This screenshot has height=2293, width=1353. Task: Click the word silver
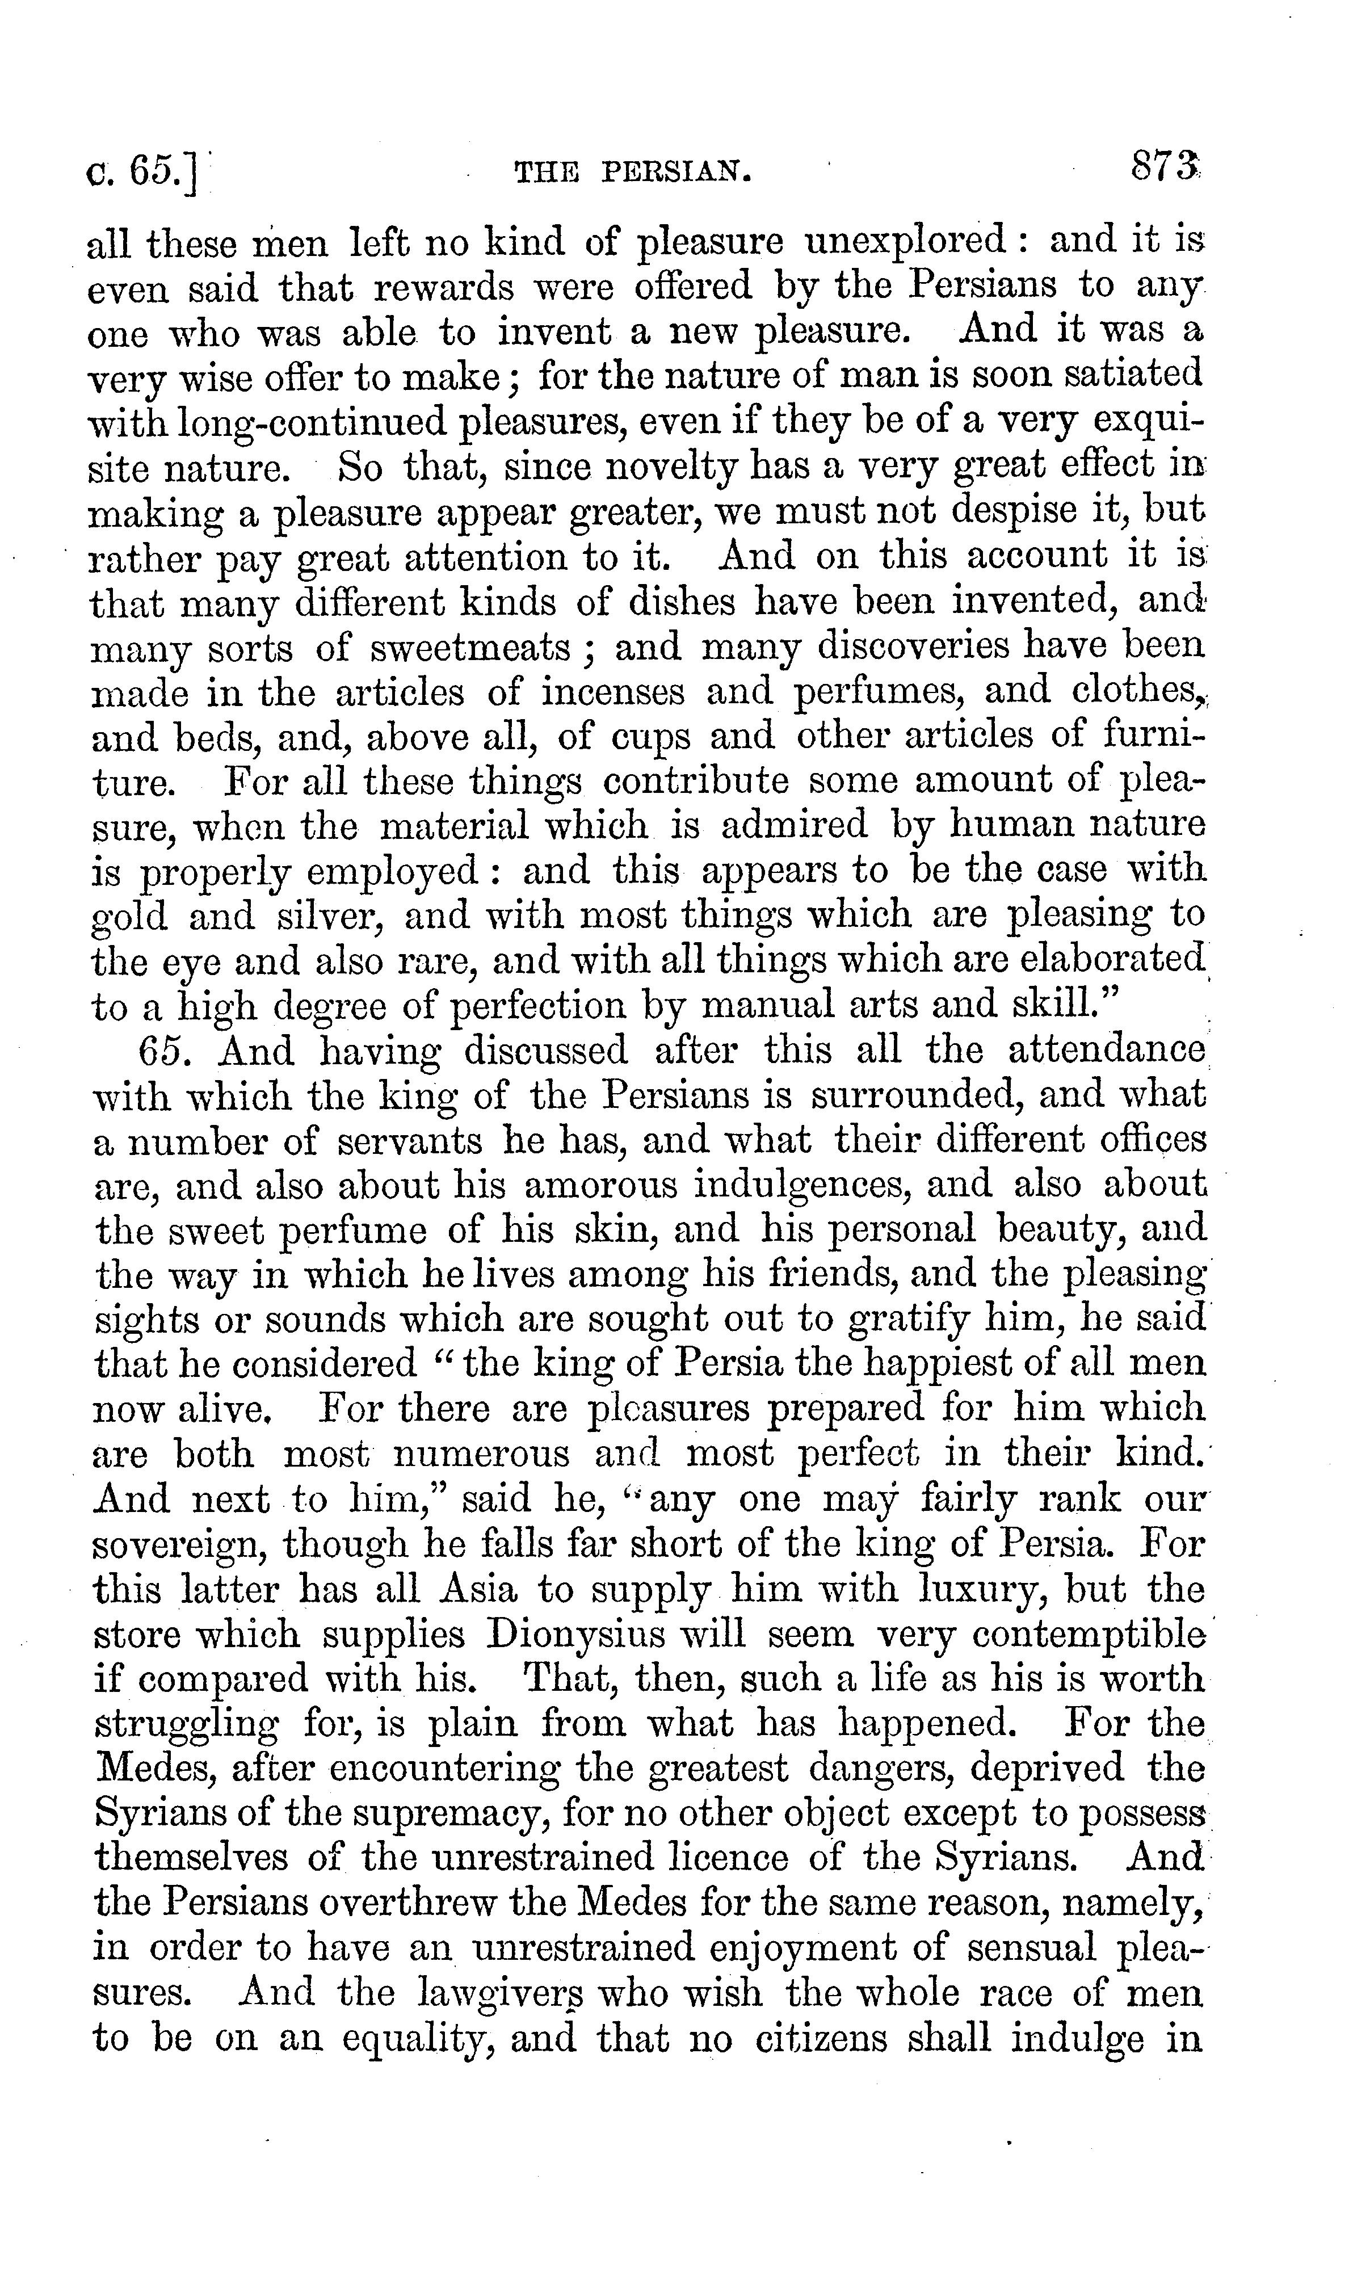point(334,916)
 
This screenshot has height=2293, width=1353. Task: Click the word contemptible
point(1086,1635)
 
